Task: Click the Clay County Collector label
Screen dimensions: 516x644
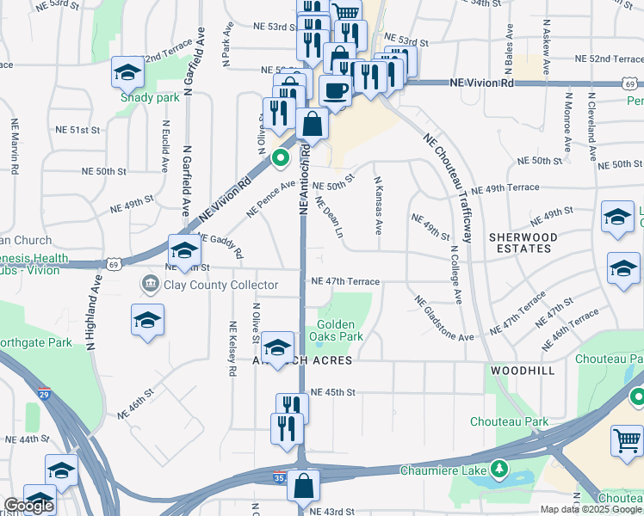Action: (x=220, y=285)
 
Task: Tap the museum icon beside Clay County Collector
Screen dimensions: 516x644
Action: (x=150, y=284)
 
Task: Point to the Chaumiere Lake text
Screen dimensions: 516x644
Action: (x=444, y=470)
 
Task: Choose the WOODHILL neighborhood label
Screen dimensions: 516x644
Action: (x=523, y=369)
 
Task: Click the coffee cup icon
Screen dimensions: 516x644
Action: (x=334, y=89)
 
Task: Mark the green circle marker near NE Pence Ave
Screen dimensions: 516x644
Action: (x=280, y=158)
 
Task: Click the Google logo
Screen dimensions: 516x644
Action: (x=28, y=507)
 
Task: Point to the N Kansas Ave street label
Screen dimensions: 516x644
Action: (x=378, y=206)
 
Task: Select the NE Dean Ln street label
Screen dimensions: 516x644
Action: (x=330, y=218)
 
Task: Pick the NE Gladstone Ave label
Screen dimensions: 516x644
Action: (x=443, y=318)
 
